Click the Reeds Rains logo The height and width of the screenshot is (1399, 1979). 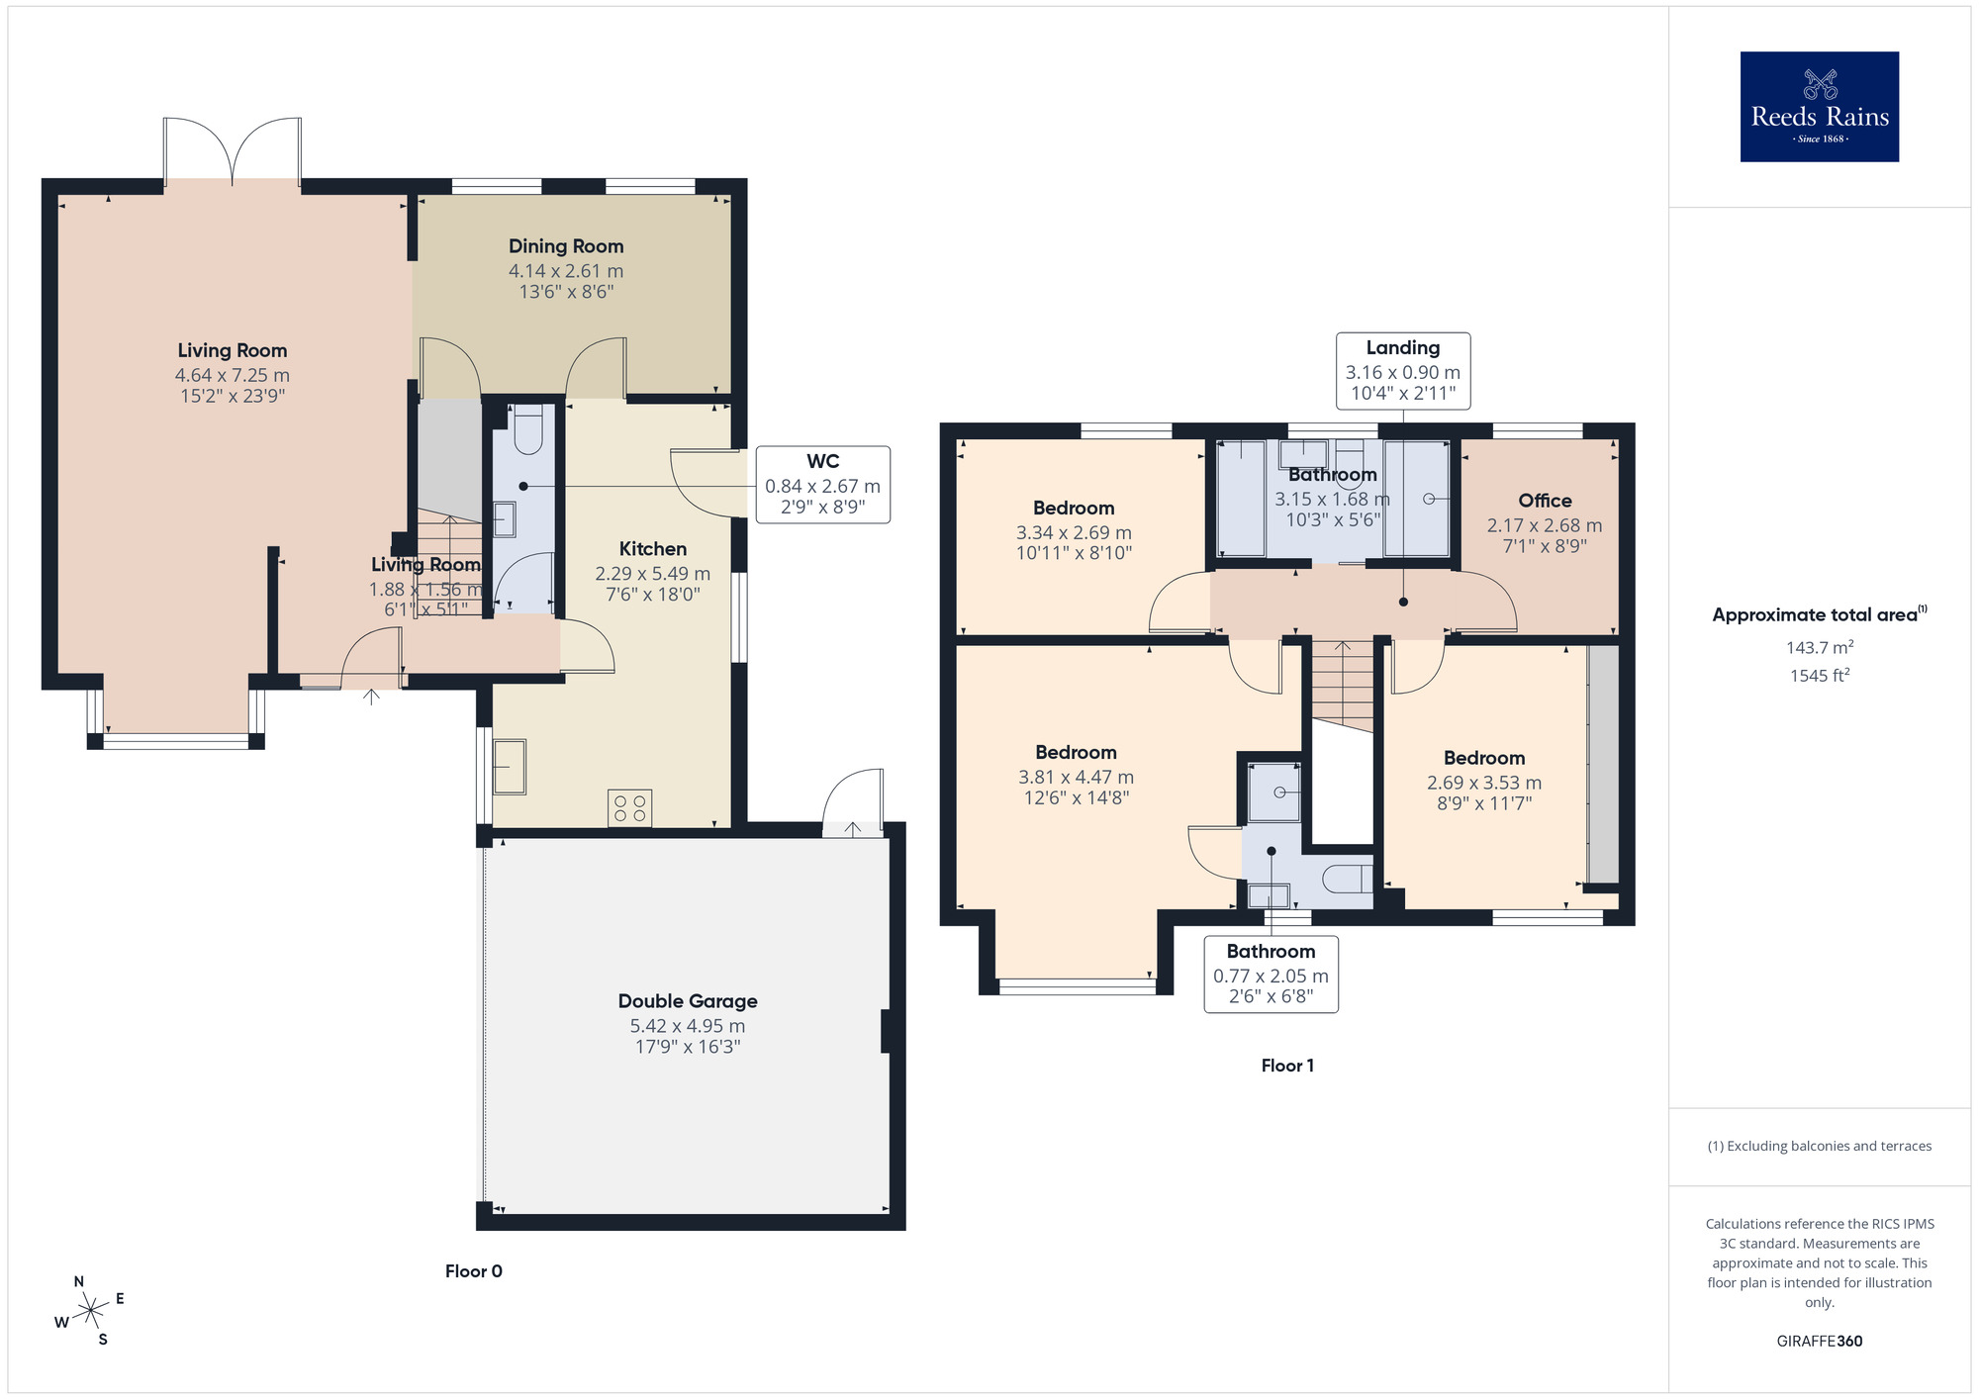[1819, 107]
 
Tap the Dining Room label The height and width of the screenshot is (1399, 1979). [566, 246]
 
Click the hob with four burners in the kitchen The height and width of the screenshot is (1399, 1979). [630, 807]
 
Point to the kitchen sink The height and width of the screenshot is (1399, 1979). [510, 767]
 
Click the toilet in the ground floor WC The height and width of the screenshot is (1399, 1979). [528, 431]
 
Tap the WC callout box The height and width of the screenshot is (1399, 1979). [822, 485]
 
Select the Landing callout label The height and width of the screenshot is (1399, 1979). [1402, 348]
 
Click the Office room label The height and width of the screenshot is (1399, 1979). [1545, 501]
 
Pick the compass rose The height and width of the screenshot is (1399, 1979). [90, 1311]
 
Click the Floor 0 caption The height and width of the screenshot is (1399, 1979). [473, 1271]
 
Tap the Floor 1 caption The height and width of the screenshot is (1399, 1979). [1287, 1066]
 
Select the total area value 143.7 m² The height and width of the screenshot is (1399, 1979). [1819, 647]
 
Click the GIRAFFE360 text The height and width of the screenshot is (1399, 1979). [1819, 1342]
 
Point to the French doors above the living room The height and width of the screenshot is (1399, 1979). [233, 151]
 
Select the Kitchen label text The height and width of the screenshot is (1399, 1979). [652, 549]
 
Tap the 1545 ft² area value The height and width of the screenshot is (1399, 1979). [1819, 676]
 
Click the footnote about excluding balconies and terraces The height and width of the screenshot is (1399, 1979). [1819, 1146]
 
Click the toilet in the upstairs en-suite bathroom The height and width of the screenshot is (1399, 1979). [1346, 879]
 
